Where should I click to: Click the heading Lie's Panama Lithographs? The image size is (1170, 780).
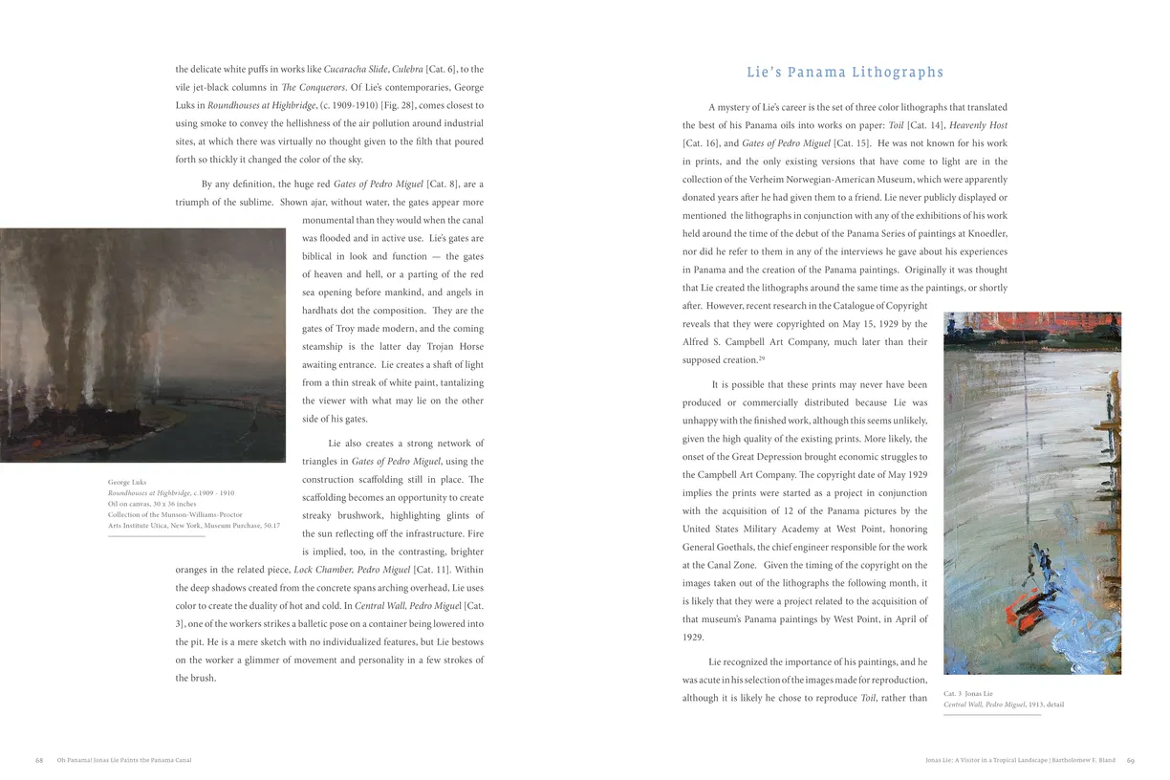click(x=844, y=73)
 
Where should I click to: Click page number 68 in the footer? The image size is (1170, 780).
click(x=39, y=760)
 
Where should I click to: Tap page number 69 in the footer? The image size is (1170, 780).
click(x=1130, y=761)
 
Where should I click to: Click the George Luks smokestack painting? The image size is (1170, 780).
click(x=142, y=345)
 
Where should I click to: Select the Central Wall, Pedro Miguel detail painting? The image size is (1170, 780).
click(x=1031, y=492)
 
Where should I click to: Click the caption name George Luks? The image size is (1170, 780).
click(x=127, y=482)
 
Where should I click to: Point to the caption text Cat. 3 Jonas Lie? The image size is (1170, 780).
click(x=967, y=693)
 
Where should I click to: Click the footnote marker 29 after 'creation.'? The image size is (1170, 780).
click(x=762, y=358)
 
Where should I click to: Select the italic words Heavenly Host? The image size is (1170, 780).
click(x=978, y=125)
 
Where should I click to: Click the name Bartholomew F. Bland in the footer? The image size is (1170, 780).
click(x=1087, y=761)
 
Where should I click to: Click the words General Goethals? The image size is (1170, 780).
click(x=718, y=547)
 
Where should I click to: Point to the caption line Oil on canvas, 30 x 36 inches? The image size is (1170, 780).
click(x=152, y=504)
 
